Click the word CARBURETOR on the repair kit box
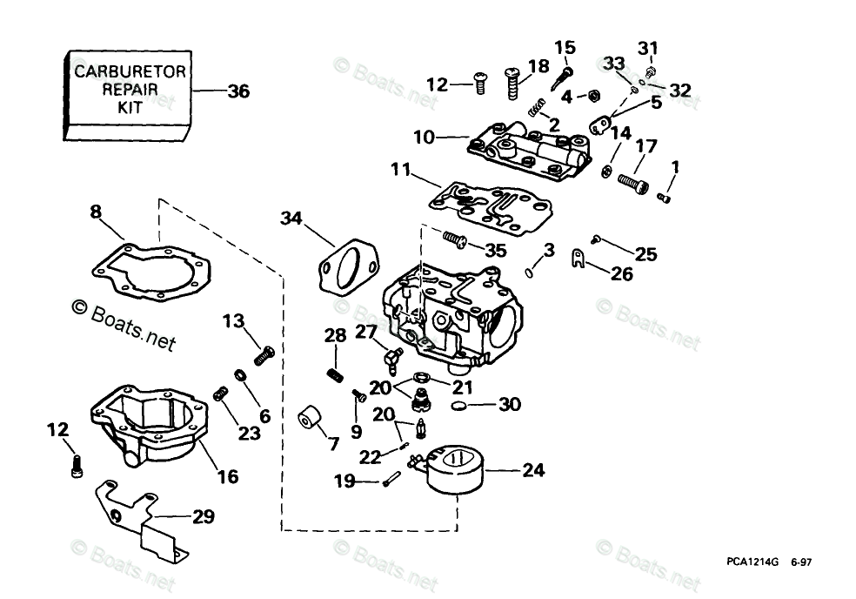[x=129, y=71]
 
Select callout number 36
[x=237, y=91]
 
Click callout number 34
[x=293, y=219]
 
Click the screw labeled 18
[x=512, y=84]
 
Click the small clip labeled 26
[x=577, y=257]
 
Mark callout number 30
[x=511, y=404]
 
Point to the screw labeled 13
[x=262, y=355]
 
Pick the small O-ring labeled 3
[x=530, y=273]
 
